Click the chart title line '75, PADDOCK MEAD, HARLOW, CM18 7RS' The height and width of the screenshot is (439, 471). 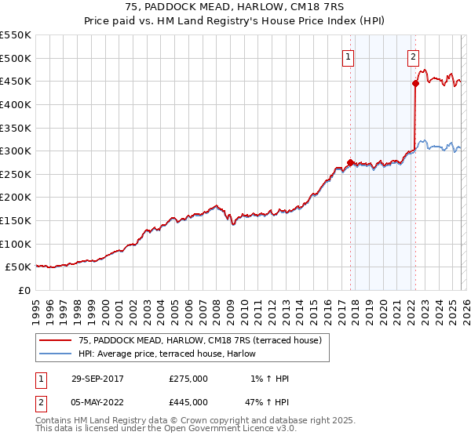[235, 8]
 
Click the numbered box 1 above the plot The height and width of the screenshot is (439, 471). [348, 56]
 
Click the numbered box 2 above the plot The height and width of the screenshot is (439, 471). [413, 56]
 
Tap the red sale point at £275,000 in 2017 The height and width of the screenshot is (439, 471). [350, 162]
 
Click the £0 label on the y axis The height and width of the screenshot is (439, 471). [24, 290]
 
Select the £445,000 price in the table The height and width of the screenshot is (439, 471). [188, 402]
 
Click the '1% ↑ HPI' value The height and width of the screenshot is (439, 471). [267, 379]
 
